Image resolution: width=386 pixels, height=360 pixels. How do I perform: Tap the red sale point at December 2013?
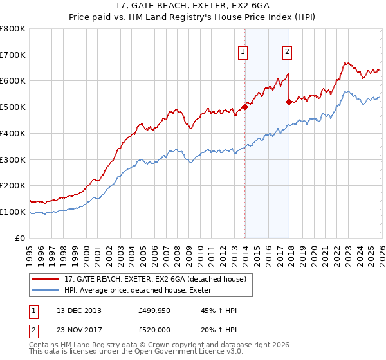click(x=244, y=107)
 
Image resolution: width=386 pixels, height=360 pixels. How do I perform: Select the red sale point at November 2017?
click(x=289, y=102)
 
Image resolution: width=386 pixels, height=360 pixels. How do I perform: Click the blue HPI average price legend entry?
click(x=142, y=291)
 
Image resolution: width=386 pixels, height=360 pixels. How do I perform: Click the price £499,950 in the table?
click(x=154, y=310)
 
